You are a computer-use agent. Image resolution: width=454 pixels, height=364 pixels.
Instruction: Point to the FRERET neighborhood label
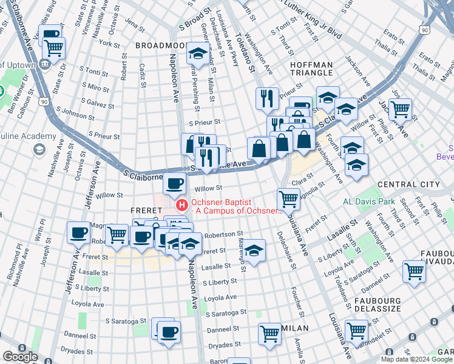(x=145, y=211)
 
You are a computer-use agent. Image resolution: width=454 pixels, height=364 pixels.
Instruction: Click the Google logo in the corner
(x=19, y=357)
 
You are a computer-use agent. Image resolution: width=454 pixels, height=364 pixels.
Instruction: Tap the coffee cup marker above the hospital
(x=175, y=182)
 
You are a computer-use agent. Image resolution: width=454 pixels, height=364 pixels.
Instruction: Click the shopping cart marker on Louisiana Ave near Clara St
(x=288, y=198)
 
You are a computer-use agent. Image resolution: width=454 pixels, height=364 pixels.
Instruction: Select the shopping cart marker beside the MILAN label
(x=269, y=332)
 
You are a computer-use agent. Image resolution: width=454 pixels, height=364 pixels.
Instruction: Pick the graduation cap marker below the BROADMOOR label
(x=197, y=53)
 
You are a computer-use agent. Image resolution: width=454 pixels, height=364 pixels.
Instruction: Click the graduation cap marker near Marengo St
(x=254, y=249)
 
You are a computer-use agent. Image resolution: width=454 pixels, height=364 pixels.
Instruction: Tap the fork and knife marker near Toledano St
(x=267, y=98)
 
